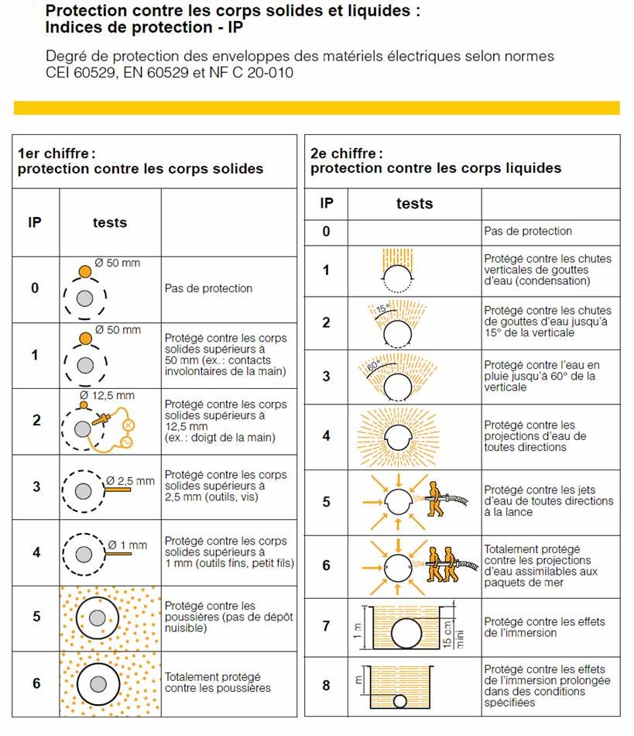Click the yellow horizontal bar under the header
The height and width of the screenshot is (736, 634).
[317, 108]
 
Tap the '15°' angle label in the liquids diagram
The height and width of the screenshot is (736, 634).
[381, 310]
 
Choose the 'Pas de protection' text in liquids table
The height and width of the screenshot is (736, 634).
[528, 231]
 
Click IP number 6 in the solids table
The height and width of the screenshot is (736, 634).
[35, 683]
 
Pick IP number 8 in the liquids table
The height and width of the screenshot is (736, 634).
[326, 686]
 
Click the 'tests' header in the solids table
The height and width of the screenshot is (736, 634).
[109, 222]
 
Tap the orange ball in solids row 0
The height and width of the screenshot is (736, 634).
[85, 272]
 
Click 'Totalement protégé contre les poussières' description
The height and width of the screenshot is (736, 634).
[218, 682]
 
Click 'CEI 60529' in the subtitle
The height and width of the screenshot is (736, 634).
[79, 73]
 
